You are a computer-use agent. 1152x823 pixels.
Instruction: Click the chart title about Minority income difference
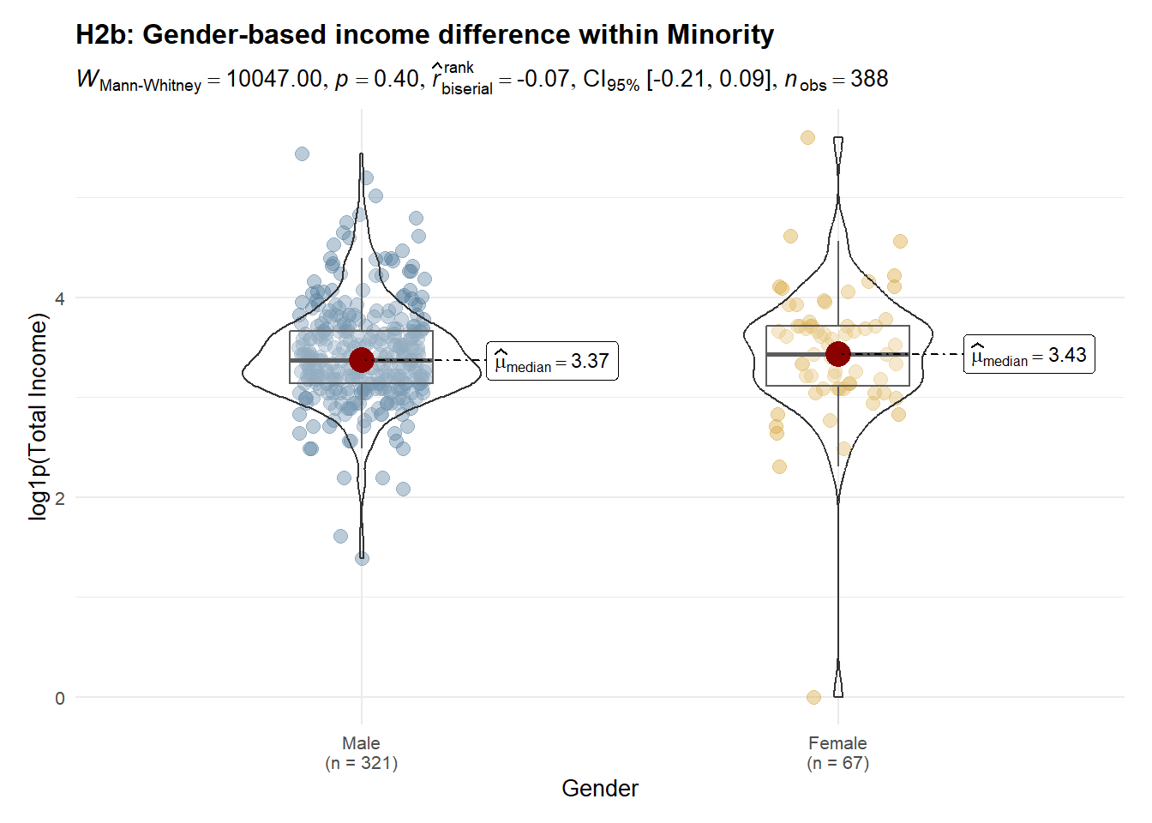[424, 34]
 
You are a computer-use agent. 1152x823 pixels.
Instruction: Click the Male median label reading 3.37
[552, 361]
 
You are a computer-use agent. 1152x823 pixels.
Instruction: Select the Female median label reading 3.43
[1029, 355]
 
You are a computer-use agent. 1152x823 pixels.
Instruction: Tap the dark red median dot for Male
[362, 360]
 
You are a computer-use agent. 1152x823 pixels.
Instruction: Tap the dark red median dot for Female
[838, 353]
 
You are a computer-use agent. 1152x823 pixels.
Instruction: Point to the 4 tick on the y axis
[60, 298]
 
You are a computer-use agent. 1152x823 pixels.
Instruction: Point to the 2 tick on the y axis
[60, 498]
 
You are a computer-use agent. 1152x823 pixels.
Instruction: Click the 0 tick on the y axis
[60, 698]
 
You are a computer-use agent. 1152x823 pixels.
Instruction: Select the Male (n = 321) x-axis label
[361, 753]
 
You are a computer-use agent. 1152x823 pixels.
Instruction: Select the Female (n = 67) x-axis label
[837, 753]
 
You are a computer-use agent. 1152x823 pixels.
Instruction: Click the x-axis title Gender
[600, 789]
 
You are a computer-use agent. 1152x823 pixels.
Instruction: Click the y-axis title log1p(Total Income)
[39, 417]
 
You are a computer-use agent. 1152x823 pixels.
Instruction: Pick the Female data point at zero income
[813, 697]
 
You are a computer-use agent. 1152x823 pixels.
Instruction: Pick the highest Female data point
[807, 137]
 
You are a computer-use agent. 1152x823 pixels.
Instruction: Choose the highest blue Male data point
[302, 153]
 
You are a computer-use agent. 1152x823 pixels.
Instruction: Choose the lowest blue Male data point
[363, 558]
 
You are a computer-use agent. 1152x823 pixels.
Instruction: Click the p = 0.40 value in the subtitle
[376, 79]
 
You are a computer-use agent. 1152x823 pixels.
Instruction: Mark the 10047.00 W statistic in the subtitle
[274, 79]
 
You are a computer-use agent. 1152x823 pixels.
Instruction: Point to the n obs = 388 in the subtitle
[836, 80]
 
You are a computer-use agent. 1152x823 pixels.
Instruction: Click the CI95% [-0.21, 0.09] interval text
[677, 80]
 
